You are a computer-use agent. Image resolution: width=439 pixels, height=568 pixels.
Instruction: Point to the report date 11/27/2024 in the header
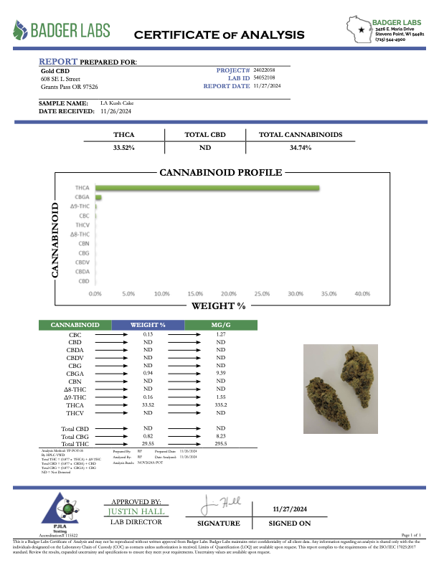pos(268,85)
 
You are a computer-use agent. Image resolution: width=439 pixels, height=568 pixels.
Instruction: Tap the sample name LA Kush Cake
pos(115,103)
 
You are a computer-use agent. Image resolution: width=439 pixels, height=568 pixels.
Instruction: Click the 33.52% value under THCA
pos(124,147)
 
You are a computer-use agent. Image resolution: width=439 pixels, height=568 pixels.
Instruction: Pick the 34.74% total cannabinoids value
pos(304,147)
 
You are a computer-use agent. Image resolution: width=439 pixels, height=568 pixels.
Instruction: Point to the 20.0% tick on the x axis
pos(229,294)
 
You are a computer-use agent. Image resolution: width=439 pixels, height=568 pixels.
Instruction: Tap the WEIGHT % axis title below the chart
pos(218,306)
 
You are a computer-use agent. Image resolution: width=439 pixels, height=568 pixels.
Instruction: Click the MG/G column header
pos(222,325)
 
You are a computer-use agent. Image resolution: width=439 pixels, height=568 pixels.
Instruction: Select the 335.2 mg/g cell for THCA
pos(222,404)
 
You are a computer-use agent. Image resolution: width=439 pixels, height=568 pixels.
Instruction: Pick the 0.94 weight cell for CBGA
pos(149,373)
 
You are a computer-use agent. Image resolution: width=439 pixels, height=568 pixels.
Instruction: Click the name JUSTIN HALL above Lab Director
pos(136,511)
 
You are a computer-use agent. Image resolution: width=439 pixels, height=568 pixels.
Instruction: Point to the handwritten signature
pos(212,503)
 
